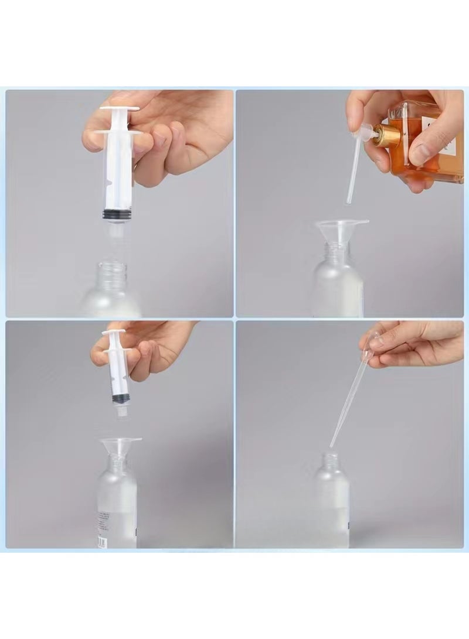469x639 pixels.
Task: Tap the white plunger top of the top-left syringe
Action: tap(120, 108)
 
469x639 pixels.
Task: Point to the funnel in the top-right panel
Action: tap(341, 228)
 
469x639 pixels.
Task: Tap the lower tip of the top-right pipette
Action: tap(349, 201)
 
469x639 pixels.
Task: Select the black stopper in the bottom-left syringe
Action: tap(121, 398)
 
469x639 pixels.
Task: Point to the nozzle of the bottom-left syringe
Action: tap(122, 414)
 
